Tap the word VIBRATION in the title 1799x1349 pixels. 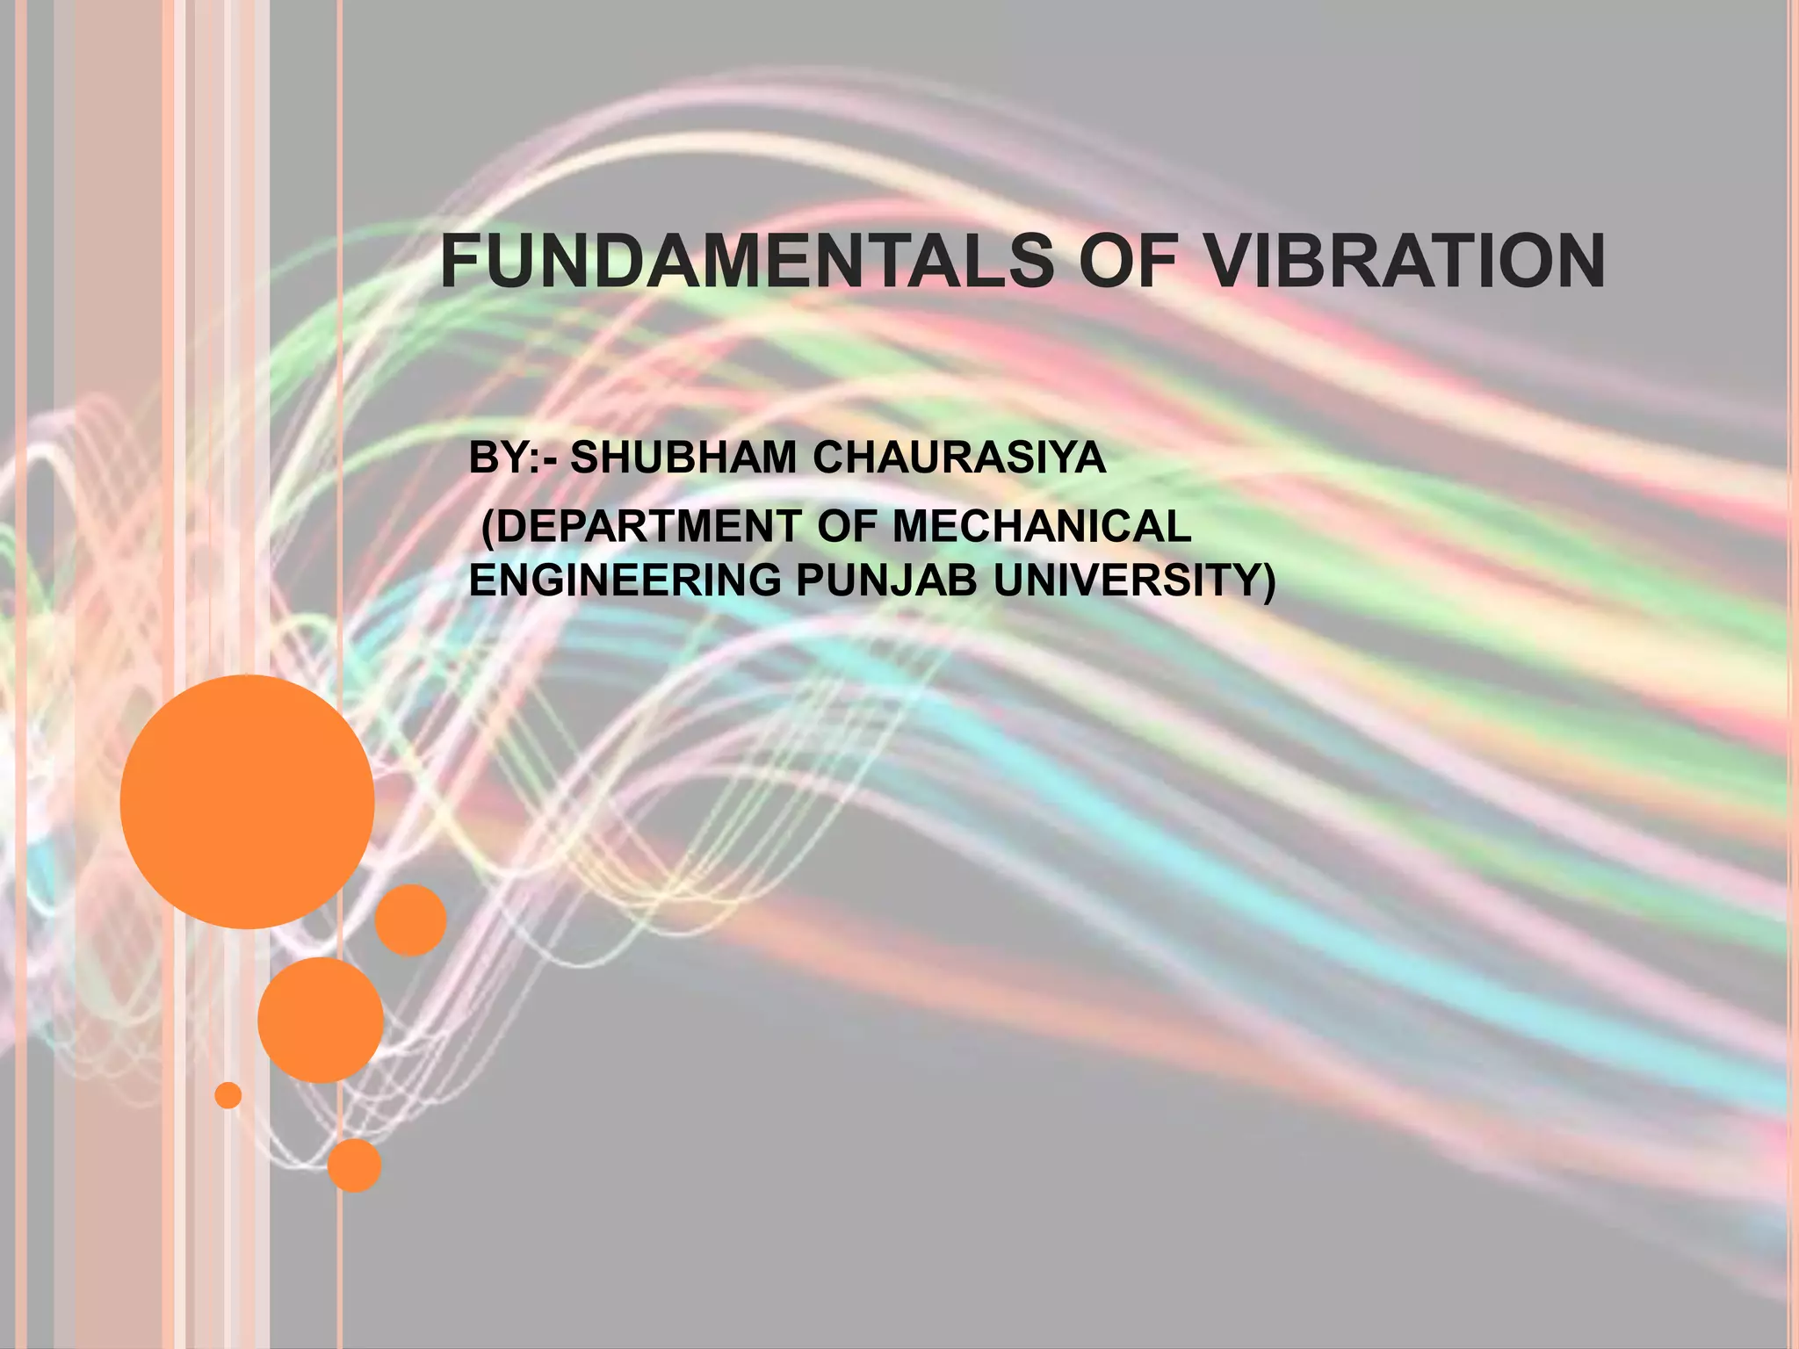click(1403, 262)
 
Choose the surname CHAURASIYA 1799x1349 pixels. click(959, 458)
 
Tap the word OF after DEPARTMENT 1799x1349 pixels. click(848, 527)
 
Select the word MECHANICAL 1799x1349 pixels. click(1042, 527)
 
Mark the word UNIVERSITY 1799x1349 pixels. click(1126, 581)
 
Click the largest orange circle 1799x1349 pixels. click(247, 801)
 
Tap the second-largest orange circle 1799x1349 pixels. click(321, 1020)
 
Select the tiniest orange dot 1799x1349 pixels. click(228, 1095)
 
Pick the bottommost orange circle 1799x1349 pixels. click(354, 1165)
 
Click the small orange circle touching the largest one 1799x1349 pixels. click(410, 920)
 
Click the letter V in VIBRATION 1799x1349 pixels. click(1228, 262)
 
